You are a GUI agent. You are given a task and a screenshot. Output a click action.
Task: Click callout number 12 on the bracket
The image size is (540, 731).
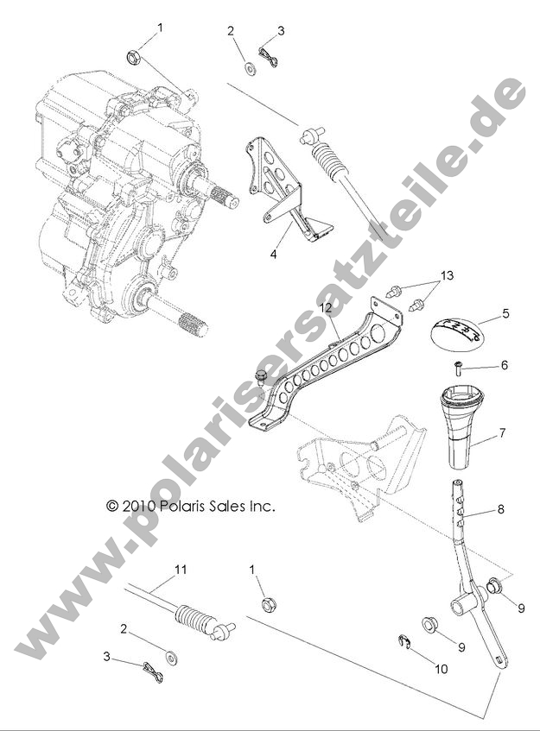pos(324,308)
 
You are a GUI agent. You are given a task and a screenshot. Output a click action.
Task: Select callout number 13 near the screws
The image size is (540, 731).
pos(446,275)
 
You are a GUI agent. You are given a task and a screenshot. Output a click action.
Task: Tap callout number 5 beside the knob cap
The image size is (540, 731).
pos(505,314)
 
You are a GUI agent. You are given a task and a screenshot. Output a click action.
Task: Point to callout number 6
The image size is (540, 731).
pos(505,365)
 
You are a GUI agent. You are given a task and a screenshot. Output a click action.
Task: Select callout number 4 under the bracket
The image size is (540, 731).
pos(274,255)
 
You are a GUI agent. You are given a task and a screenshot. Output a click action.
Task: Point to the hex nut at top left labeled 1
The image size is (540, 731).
pos(135,58)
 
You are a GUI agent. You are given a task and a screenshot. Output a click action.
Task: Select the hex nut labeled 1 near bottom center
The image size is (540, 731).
pos(267,602)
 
